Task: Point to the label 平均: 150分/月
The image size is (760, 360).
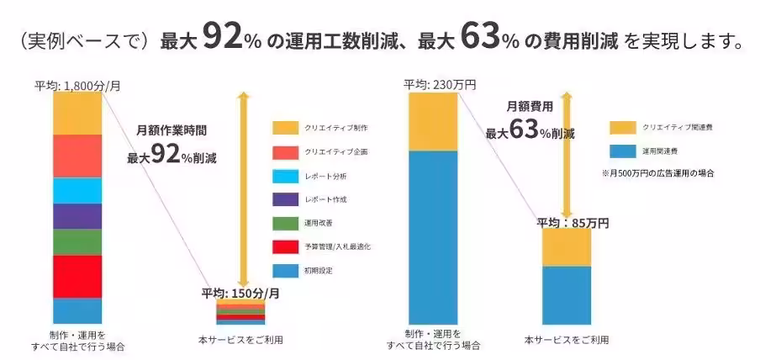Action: [240, 293]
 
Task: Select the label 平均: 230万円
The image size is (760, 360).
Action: [440, 84]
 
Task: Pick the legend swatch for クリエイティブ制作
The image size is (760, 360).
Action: [285, 128]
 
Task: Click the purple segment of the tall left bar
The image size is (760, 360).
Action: [77, 216]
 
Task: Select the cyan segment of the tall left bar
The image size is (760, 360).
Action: [77, 190]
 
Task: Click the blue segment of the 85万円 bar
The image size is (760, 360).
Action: [566, 294]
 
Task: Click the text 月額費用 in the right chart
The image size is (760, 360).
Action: [530, 107]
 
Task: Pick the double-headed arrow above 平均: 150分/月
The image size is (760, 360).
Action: [243, 189]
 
